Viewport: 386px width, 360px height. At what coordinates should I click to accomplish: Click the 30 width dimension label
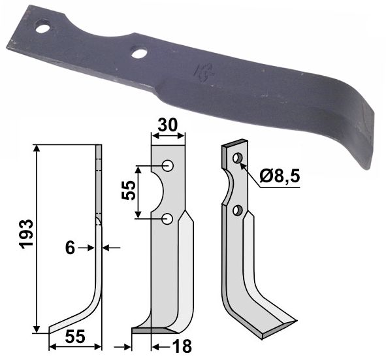pos(168,123)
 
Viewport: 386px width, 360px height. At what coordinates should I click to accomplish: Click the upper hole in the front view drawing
pos(168,166)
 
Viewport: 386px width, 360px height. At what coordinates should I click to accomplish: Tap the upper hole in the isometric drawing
pos(238,157)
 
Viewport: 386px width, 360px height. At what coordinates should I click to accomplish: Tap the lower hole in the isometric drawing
pos(238,210)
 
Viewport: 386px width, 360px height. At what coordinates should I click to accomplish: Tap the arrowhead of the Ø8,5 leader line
pos(243,165)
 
